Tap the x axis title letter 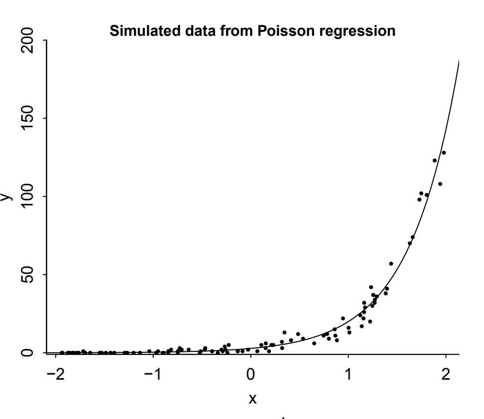point(252,399)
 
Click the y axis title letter point(6,197)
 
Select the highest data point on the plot point(444,153)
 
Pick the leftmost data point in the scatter point(62,353)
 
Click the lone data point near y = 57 point(391,264)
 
